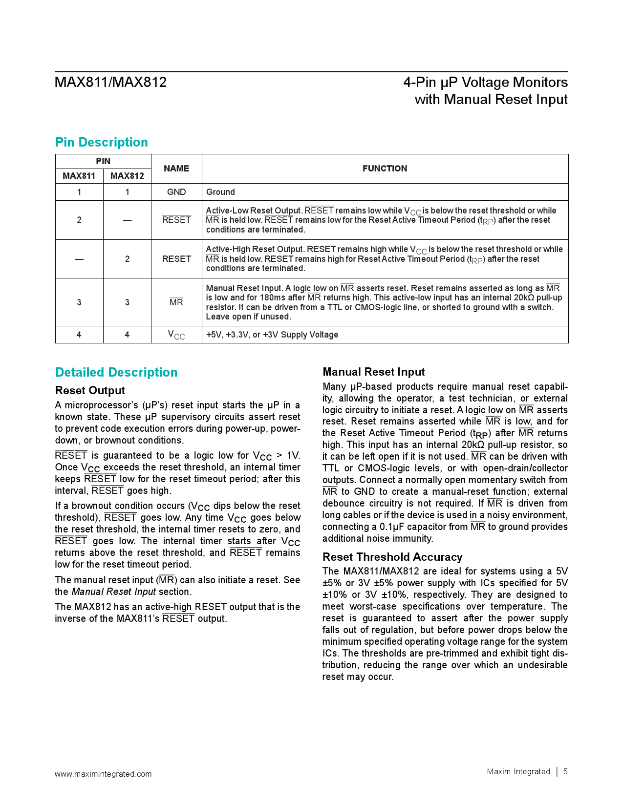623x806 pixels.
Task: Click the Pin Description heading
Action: pyautogui.click(x=101, y=142)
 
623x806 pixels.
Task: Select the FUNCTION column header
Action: pyautogui.click(x=385, y=169)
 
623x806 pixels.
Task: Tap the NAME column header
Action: pyautogui.click(x=176, y=169)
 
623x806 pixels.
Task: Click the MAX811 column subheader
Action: pyautogui.click(x=79, y=176)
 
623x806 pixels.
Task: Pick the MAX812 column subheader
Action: pyautogui.click(x=127, y=176)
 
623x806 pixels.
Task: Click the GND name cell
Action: pyautogui.click(x=176, y=192)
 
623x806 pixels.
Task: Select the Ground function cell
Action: pyautogui.click(x=220, y=192)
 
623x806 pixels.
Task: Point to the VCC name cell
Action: pyautogui.click(x=176, y=335)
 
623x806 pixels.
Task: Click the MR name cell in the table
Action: pyautogui.click(x=176, y=302)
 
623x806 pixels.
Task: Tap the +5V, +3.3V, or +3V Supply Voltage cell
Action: pyautogui.click(x=272, y=335)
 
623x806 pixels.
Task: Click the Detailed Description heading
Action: pyautogui.click(x=116, y=372)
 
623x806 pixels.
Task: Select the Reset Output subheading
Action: pyautogui.click(x=90, y=390)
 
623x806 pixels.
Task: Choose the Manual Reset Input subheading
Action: pyautogui.click(x=374, y=372)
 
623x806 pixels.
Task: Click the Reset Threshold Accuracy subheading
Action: pyautogui.click(x=392, y=557)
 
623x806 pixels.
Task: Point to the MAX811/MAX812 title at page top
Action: pyautogui.click(x=111, y=82)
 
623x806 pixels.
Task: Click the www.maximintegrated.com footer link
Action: pyautogui.click(x=103, y=774)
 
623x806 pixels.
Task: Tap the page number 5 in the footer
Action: pyautogui.click(x=565, y=771)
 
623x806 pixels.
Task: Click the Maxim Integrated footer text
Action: pyautogui.click(x=518, y=771)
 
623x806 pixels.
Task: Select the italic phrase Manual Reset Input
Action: pyautogui.click(x=114, y=592)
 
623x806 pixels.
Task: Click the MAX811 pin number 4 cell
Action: pyautogui.click(x=79, y=335)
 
